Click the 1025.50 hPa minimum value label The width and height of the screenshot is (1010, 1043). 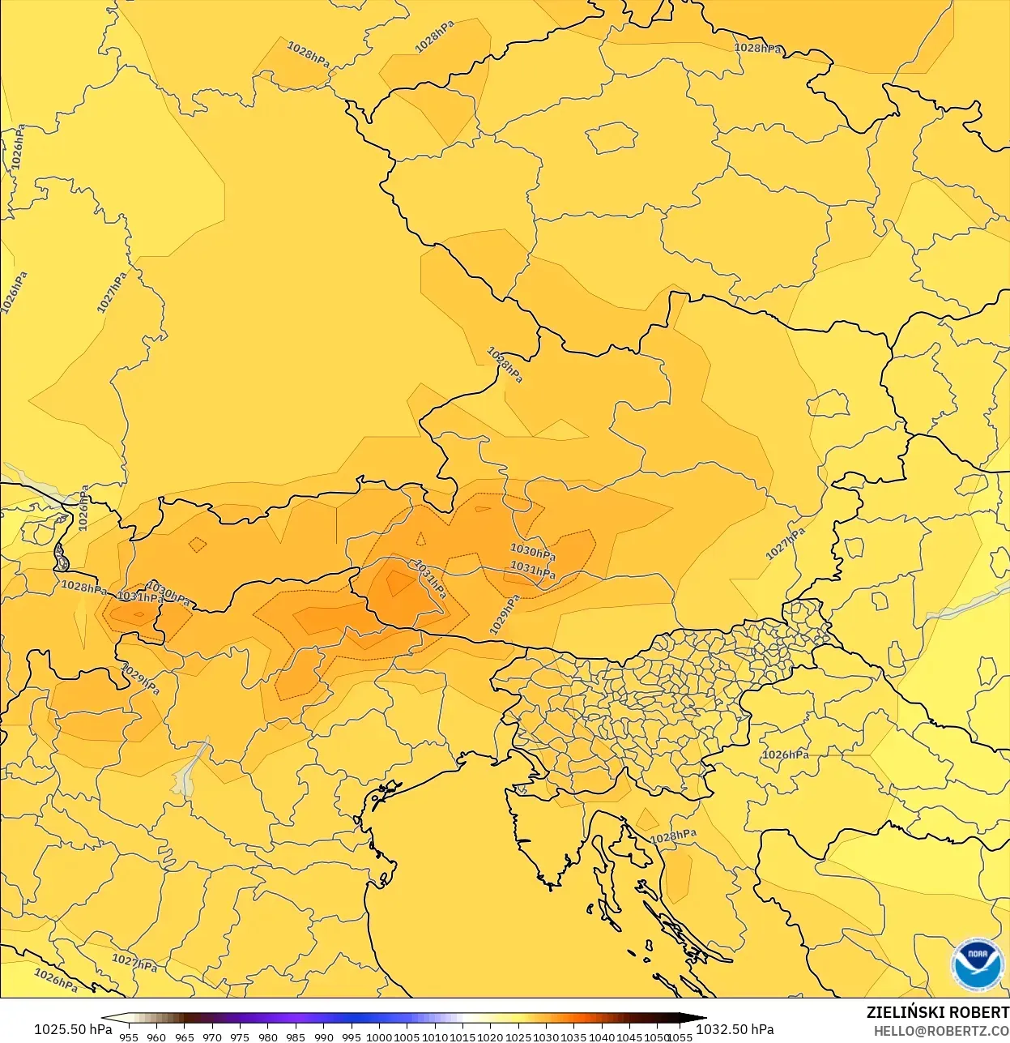pyautogui.click(x=73, y=1029)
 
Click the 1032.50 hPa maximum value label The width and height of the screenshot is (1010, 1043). pyautogui.click(x=735, y=1029)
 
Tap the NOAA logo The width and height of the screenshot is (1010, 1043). pyautogui.click(x=977, y=964)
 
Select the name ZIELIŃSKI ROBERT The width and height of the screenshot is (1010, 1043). pyautogui.click(x=937, y=1012)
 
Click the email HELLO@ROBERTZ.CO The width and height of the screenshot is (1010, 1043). pyautogui.click(x=941, y=1031)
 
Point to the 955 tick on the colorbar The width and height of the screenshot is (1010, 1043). pyautogui.click(x=129, y=1037)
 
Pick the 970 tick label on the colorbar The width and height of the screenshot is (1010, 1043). pyautogui.click(x=212, y=1037)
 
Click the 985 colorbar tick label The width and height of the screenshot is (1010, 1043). pyautogui.click(x=296, y=1037)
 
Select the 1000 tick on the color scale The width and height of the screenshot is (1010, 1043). pyautogui.click(x=379, y=1037)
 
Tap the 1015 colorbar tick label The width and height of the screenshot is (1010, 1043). pyautogui.click(x=462, y=1037)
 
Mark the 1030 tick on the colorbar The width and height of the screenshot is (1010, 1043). pyautogui.click(x=546, y=1037)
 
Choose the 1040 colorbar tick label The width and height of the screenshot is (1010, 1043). pyautogui.click(x=602, y=1037)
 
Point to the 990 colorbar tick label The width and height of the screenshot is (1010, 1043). pyautogui.click(x=324, y=1037)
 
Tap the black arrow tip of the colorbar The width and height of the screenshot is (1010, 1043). pyautogui.click(x=701, y=1019)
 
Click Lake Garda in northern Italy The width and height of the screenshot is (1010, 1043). pyautogui.click(x=189, y=770)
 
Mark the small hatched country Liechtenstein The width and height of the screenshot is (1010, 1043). pyautogui.click(x=61, y=557)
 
